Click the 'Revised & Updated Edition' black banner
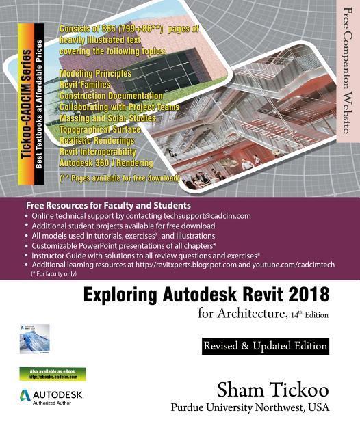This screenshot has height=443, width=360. (x=265, y=347)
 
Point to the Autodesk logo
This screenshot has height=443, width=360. (x=52, y=397)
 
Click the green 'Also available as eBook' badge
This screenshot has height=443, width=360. (x=53, y=374)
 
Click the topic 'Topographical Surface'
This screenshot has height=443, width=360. (x=100, y=129)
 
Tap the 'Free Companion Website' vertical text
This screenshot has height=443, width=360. (x=347, y=68)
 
